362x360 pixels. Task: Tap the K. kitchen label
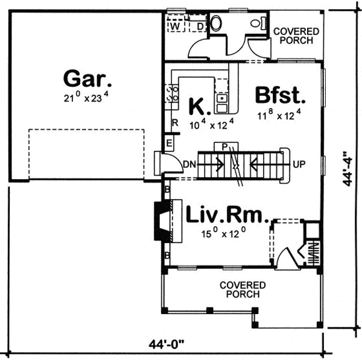pyautogui.click(x=200, y=107)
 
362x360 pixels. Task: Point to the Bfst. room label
pyautogui.click(x=281, y=95)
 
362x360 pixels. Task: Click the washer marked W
pyautogui.click(x=176, y=27)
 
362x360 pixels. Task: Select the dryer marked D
pyautogui.click(x=200, y=27)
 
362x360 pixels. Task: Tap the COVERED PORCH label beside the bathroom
pyautogui.click(x=293, y=36)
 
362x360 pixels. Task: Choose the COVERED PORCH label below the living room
pyautogui.click(x=243, y=289)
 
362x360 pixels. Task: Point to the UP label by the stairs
pyautogui.click(x=297, y=163)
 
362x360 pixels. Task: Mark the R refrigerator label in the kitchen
pyautogui.click(x=174, y=123)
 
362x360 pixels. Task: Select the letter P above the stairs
pyautogui.click(x=224, y=146)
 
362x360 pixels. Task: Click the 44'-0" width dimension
pyautogui.click(x=167, y=344)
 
